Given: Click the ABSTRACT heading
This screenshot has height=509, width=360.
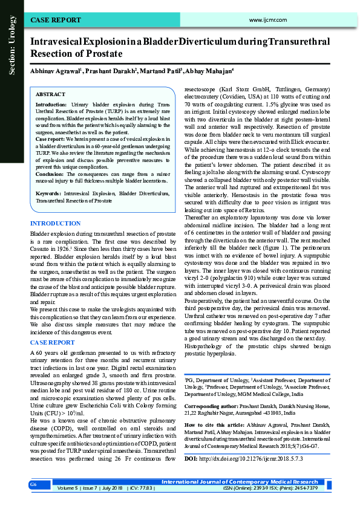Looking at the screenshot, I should coord(51,95).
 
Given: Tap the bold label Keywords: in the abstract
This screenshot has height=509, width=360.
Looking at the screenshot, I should coord(48,192).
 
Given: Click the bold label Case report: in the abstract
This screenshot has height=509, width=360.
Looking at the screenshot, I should coord(51,138).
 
